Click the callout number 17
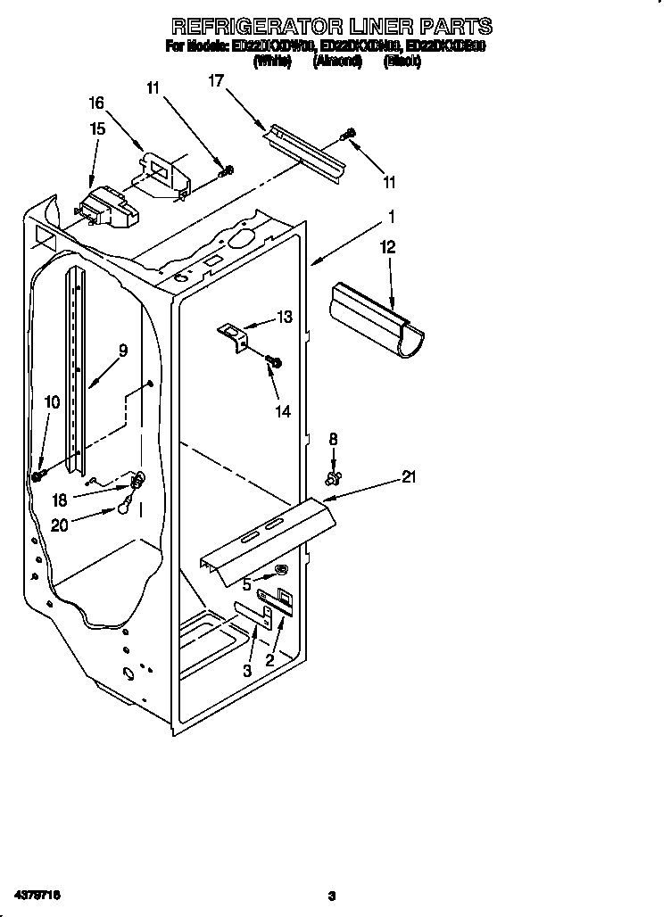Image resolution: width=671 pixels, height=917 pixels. [215, 80]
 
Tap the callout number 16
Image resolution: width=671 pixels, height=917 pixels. [96, 103]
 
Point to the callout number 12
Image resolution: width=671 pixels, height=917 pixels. [388, 247]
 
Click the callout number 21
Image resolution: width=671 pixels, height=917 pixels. [409, 477]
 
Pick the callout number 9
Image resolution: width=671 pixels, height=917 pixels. [123, 351]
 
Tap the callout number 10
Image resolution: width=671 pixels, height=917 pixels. [52, 402]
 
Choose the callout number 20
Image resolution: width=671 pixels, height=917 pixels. [60, 525]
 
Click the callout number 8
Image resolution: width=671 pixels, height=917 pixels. [334, 438]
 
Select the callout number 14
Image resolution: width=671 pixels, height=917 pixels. [282, 412]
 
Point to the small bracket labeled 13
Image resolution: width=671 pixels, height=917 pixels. [234, 335]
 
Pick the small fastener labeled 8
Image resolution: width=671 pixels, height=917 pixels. [334, 480]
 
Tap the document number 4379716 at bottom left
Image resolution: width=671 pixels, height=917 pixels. [37, 893]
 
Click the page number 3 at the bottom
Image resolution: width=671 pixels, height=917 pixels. [331, 895]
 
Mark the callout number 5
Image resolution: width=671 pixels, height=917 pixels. [245, 584]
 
